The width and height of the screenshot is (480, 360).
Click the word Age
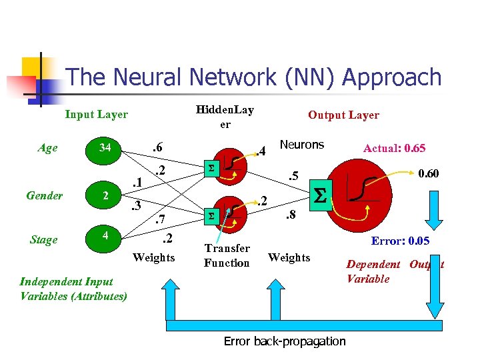click(47, 148)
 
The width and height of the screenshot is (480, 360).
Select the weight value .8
click(291, 215)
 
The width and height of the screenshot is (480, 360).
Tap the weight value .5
click(291, 177)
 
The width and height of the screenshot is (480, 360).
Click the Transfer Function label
click(227, 255)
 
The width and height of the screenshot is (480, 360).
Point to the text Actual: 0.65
click(394, 148)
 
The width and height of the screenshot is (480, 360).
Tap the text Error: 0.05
click(399, 241)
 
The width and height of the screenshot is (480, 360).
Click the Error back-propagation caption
click(284, 341)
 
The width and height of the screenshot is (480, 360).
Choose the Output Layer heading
click(343, 115)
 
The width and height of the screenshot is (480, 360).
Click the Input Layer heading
click(96, 115)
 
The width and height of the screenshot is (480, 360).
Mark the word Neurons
click(301, 145)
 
